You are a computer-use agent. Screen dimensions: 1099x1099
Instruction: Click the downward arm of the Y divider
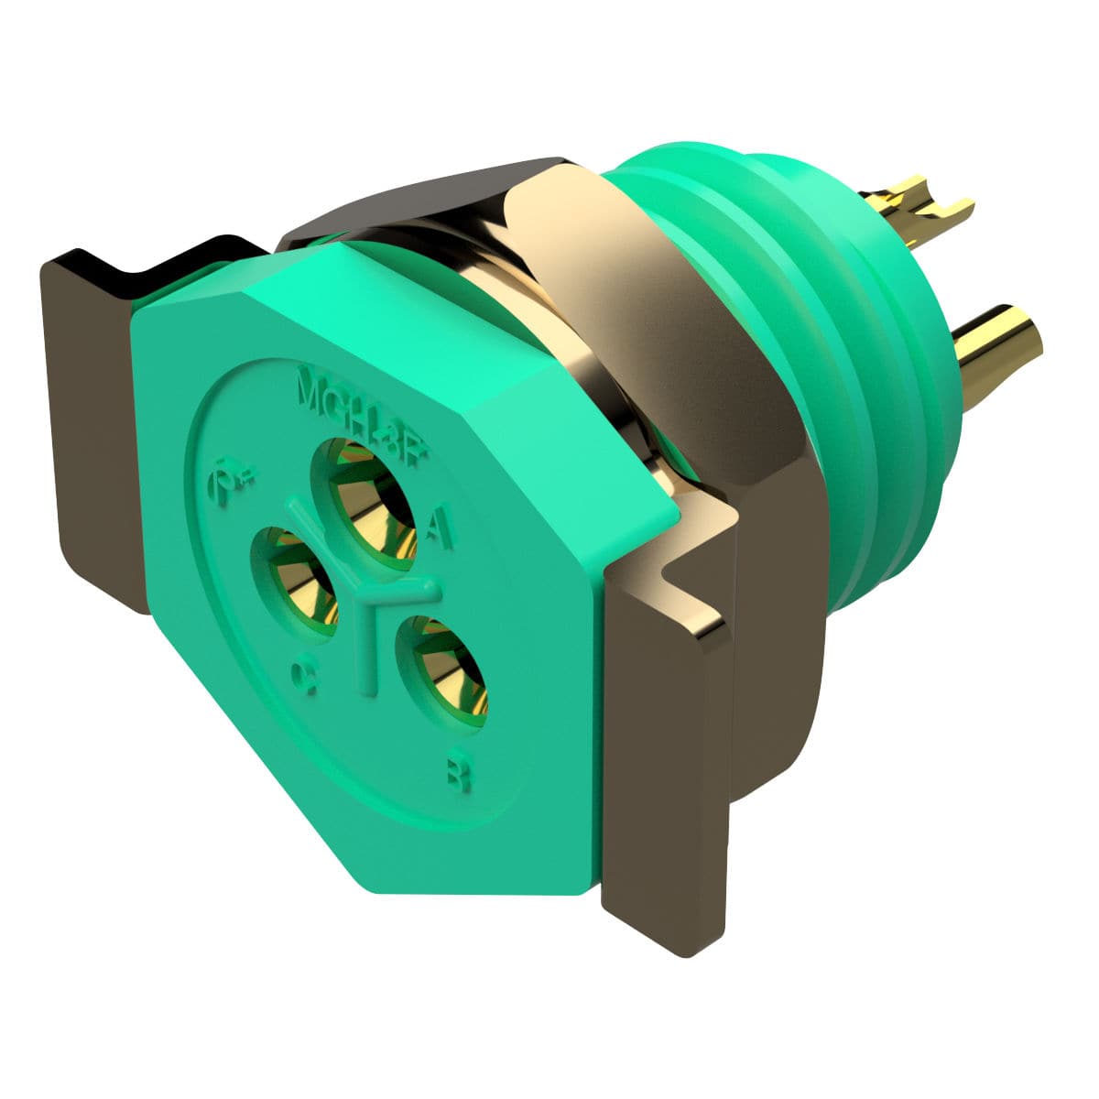(368, 655)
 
